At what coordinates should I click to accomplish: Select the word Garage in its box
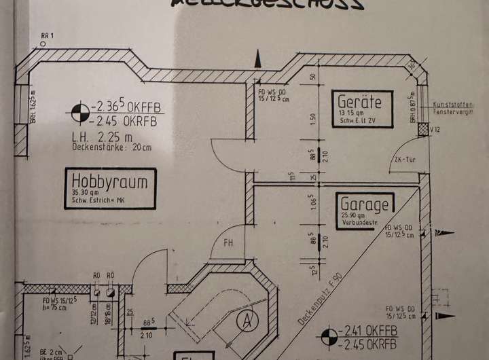(x=365, y=204)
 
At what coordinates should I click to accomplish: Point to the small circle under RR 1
(x=43, y=44)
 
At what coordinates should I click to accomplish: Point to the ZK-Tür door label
(x=405, y=160)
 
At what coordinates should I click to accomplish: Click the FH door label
(x=229, y=242)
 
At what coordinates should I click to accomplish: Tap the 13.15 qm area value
(x=350, y=113)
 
